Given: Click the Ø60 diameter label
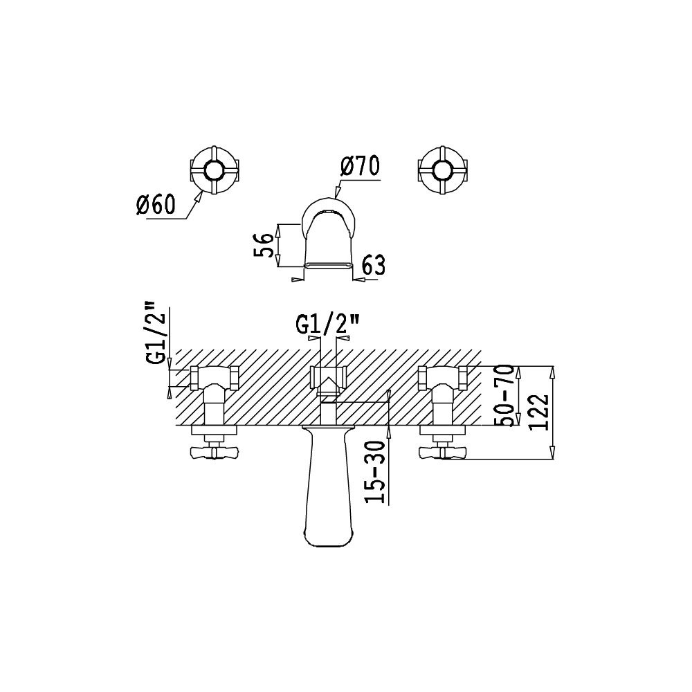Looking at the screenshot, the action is tap(155, 204).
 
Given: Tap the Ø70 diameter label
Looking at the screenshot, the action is tap(360, 166).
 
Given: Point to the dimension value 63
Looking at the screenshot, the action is tap(374, 266).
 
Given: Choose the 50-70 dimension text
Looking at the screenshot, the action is tap(504, 395).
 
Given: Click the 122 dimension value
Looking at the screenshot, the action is tap(538, 412).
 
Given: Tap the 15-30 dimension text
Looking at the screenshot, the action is tap(375, 472).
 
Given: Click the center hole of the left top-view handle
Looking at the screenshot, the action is tap(214, 170).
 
